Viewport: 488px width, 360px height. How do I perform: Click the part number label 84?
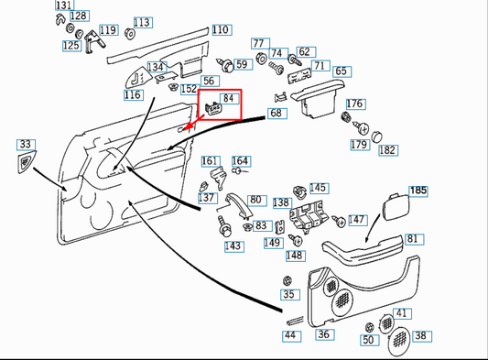(230, 98)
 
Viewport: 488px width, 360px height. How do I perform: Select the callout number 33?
(25, 145)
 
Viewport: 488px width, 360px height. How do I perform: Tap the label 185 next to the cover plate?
(418, 191)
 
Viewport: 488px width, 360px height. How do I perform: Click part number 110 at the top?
(221, 30)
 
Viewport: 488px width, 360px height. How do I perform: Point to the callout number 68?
(276, 114)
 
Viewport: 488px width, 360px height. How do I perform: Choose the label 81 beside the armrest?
(414, 239)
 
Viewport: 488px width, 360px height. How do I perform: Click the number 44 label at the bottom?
(290, 335)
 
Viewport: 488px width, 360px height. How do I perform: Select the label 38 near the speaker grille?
(421, 336)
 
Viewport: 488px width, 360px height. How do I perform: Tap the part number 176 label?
(355, 104)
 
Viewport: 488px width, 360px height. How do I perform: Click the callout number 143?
(233, 245)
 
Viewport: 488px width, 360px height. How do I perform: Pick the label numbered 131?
(62, 5)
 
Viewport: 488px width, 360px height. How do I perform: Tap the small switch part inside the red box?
(214, 108)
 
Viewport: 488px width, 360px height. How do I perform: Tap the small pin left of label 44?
(294, 321)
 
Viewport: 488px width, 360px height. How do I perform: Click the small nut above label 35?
(288, 279)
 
